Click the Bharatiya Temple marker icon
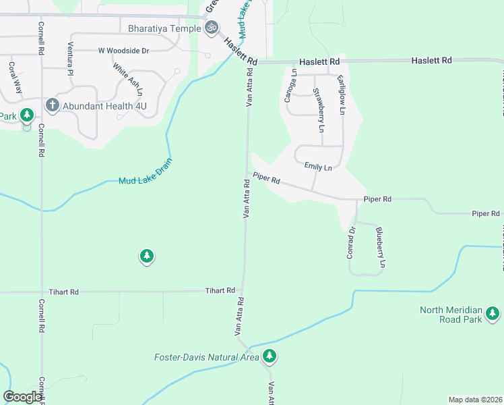212,28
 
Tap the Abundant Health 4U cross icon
52,105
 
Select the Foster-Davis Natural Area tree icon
270,356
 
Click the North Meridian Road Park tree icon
493,314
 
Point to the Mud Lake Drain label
146,172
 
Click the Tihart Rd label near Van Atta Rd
220,291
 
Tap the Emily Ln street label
318,167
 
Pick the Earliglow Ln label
342,94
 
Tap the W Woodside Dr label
123,51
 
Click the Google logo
22,397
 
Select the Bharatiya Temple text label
164,28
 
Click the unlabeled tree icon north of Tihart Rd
147,256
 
